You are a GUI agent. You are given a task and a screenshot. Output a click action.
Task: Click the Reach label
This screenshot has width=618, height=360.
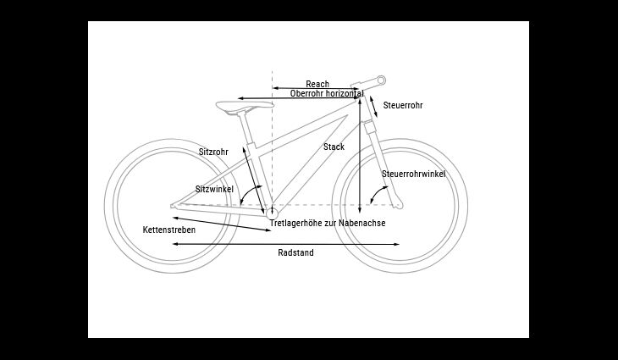tap(317, 84)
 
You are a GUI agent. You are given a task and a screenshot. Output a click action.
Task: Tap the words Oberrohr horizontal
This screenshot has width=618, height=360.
tap(327, 93)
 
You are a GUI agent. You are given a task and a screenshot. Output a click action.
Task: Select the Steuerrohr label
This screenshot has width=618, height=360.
tap(403, 105)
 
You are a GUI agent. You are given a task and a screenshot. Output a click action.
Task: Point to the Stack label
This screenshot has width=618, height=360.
tap(334, 147)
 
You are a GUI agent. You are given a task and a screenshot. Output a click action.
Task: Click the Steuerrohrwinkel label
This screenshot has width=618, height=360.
tap(413, 174)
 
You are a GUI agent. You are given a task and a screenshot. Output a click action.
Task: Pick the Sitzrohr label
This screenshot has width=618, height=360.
tap(213, 152)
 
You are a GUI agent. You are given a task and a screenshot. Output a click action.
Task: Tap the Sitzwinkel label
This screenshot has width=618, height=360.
tap(214, 189)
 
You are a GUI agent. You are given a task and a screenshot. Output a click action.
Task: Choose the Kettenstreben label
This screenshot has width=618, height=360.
tap(169, 230)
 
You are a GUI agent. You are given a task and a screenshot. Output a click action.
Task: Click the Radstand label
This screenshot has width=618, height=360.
tap(295, 252)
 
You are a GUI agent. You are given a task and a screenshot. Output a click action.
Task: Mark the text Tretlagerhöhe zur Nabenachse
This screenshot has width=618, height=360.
tap(328, 223)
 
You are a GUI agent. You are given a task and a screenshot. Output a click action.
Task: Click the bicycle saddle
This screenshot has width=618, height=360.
tap(245, 106)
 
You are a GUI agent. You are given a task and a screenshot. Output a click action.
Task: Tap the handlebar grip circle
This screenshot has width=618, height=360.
tap(381, 80)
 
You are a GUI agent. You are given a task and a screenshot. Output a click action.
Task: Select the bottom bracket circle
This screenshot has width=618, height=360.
tap(272, 213)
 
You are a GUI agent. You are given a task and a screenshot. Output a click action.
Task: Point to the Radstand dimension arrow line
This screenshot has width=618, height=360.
tap(286, 245)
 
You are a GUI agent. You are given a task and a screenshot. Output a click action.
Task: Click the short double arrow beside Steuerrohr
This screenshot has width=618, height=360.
tap(373, 107)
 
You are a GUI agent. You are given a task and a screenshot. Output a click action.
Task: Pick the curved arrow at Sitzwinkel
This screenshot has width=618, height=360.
tap(250, 193)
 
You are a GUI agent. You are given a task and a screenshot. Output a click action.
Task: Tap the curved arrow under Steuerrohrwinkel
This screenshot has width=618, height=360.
tap(378, 194)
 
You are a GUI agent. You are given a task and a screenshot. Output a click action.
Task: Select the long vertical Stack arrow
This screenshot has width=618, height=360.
tap(360, 155)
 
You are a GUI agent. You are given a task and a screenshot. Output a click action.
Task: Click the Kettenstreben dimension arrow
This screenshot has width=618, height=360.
tap(222, 224)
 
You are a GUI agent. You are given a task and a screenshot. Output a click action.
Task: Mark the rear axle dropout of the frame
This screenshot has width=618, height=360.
tap(173, 206)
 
